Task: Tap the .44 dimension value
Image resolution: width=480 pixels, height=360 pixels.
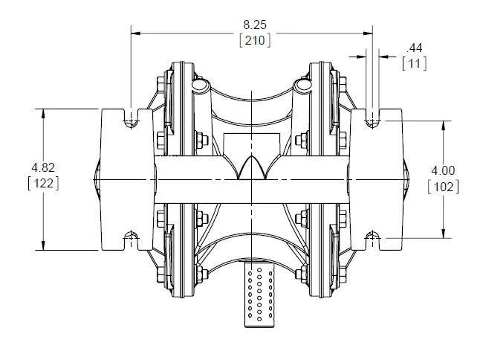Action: coord(414,48)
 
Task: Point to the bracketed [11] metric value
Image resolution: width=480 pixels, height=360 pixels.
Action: coord(414,63)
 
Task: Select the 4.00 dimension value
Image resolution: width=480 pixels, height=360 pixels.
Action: coord(443,170)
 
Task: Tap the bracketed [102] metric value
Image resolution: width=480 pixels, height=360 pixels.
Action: coord(443,186)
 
